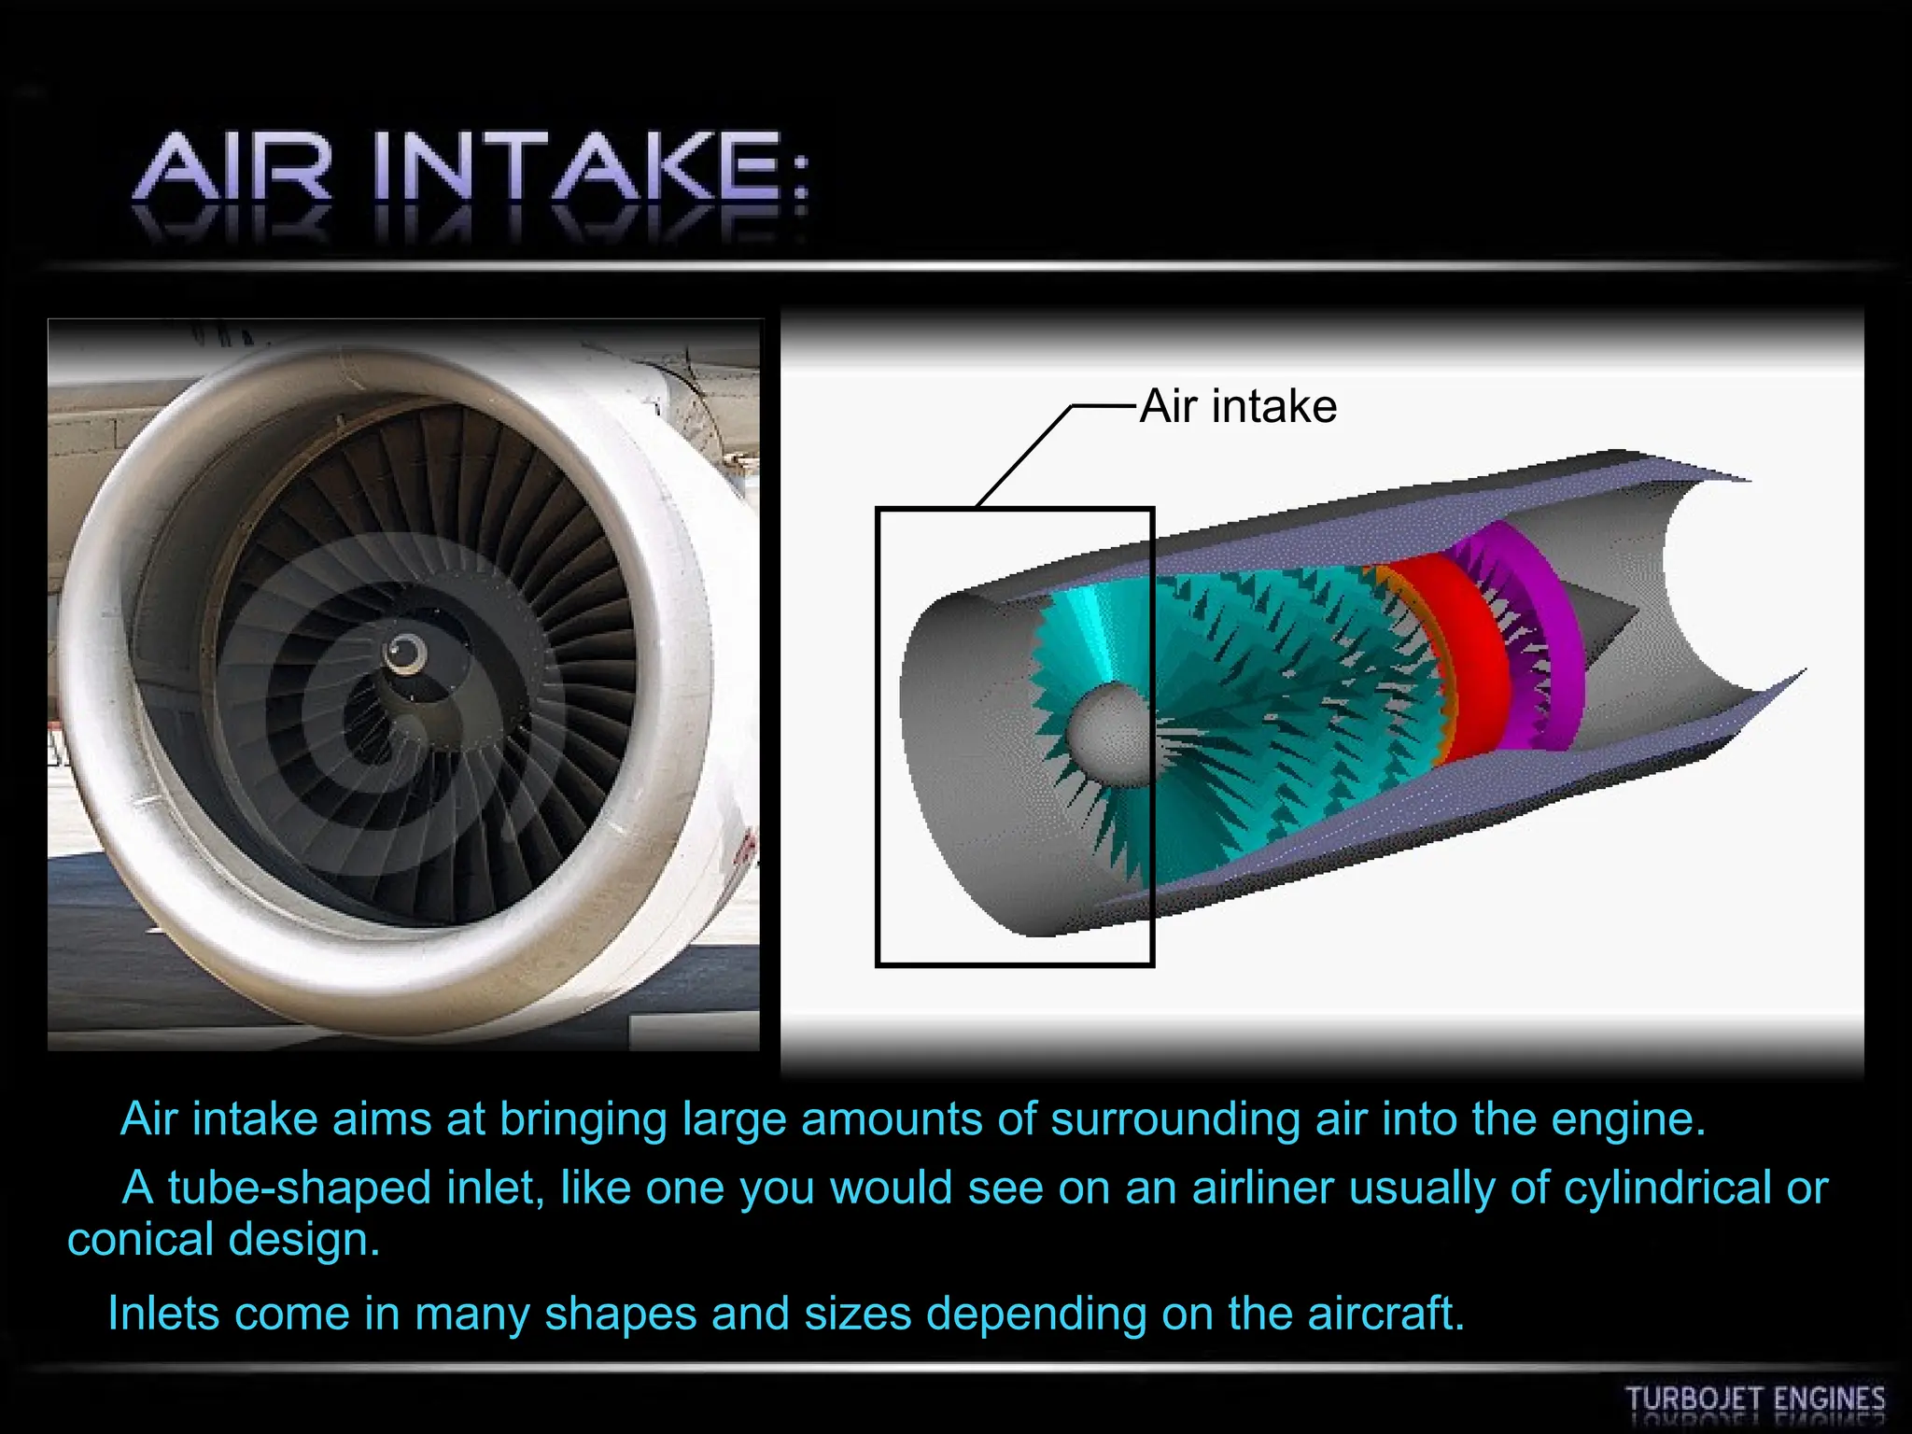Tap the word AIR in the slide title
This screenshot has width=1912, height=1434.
234,168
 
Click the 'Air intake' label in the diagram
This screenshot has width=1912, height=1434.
1238,406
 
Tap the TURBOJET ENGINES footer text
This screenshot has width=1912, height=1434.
1755,1399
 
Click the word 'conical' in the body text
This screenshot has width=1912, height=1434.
141,1240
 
